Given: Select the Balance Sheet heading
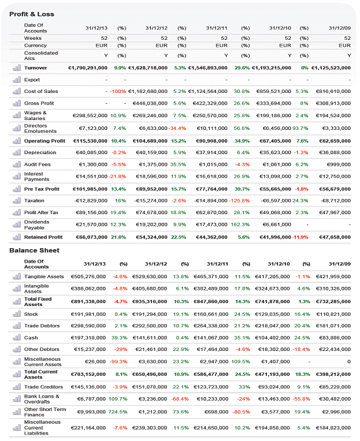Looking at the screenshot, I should (x=34, y=251).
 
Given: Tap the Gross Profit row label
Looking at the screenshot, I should (x=39, y=103).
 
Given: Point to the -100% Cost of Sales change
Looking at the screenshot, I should (x=118, y=91).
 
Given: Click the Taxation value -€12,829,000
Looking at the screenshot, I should (x=90, y=200).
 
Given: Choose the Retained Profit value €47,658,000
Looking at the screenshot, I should (x=331, y=237).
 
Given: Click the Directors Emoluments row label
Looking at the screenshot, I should (x=40, y=128).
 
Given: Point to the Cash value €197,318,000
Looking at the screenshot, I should (x=88, y=337).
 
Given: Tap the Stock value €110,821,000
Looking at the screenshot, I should (x=332, y=313).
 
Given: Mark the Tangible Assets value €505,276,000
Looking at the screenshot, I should (x=88, y=276).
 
